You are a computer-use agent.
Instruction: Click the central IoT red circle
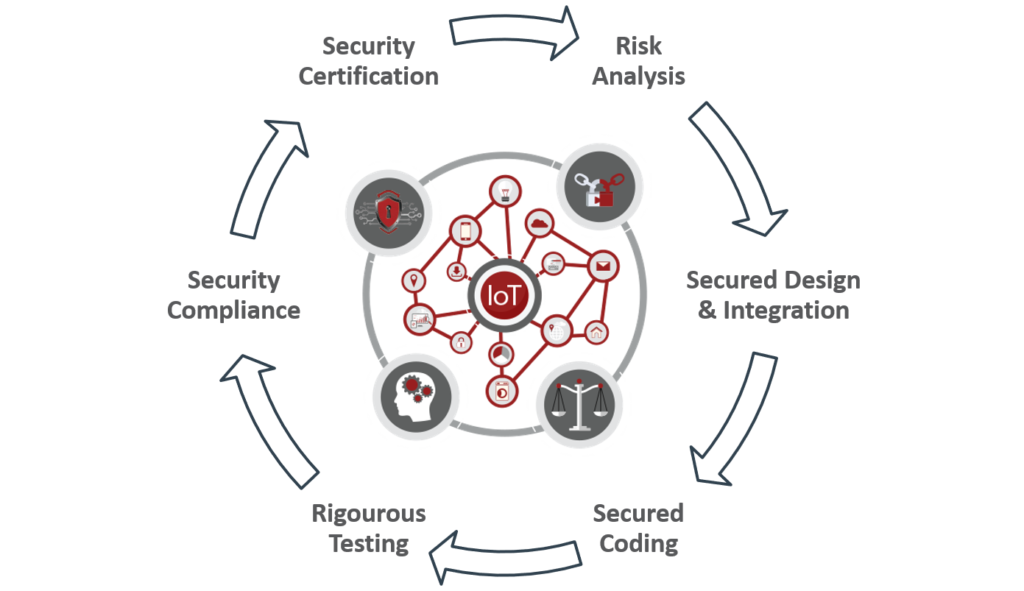pyautogui.click(x=504, y=295)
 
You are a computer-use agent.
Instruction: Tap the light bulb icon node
pyautogui.click(x=505, y=191)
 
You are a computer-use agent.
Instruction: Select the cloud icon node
pyautogui.click(x=540, y=224)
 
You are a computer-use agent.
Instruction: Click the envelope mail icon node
pyautogui.click(x=603, y=266)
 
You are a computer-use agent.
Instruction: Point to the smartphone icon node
pyautogui.click(x=465, y=231)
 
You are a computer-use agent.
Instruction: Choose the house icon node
pyautogui.click(x=596, y=332)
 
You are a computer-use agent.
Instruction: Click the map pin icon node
pyautogui.click(x=414, y=280)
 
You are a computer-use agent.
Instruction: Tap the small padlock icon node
pyautogui.click(x=461, y=342)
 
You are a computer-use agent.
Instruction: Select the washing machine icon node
pyautogui.click(x=502, y=392)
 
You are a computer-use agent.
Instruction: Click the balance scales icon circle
pyautogui.click(x=579, y=405)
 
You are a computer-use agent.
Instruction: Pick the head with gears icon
pyautogui.click(x=416, y=397)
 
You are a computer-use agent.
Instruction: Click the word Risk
pyautogui.click(x=638, y=46)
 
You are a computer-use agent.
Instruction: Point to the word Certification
pyautogui.click(x=369, y=76)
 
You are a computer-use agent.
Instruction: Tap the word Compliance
pyautogui.click(x=233, y=311)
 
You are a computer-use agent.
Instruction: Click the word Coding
pyautogui.click(x=638, y=544)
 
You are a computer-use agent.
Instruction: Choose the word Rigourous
pyautogui.click(x=369, y=514)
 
